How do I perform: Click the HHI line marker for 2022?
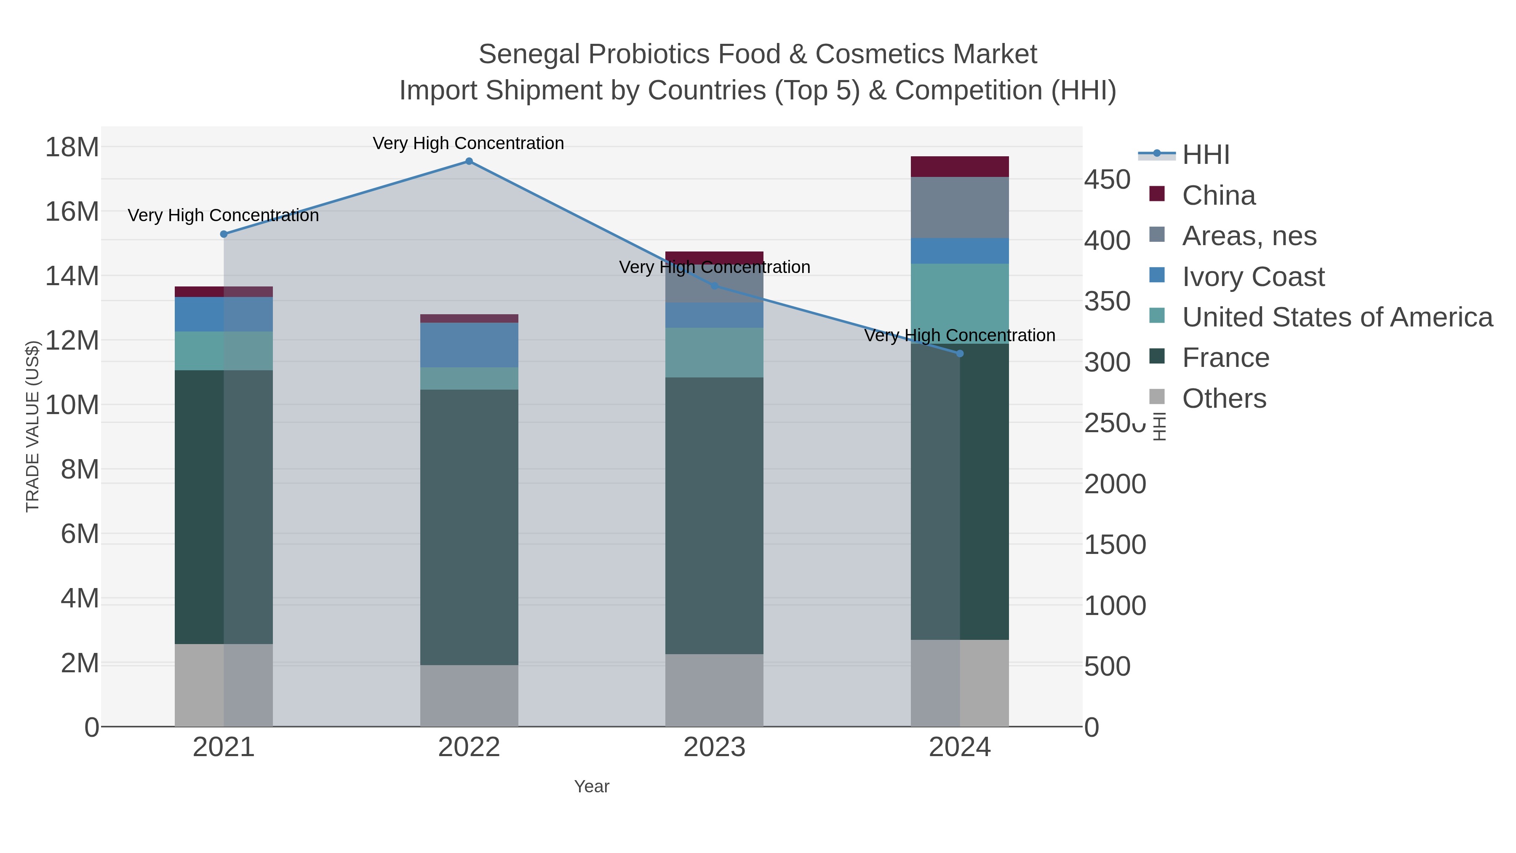click(x=469, y=161)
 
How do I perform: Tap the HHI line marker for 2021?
click(x=224, y=234)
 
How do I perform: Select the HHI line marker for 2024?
click(x=960, y=354)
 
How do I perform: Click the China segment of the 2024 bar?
click(x=960, y=166)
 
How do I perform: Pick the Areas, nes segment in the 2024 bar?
click(x=960, y=207)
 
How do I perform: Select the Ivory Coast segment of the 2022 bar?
click(x=469, y=345)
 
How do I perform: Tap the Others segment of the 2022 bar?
click(x=469, y=696)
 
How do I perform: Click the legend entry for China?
click(x=1218, y=195)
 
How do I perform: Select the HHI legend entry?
click(x=1205, y=155)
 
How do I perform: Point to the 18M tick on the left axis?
click(x=72, y=147)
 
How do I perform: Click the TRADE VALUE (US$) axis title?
click(x=32, y=426)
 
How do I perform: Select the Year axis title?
click(x=592, y=786)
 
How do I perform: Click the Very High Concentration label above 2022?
click(x=468, y=143)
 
